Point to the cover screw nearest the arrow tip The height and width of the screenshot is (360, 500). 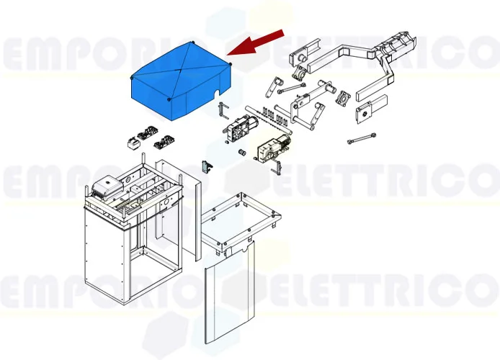(x=230, y=65)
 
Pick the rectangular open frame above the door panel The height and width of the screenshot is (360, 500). (x=240, y=220)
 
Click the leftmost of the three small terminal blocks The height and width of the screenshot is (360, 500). (x=135, y=141)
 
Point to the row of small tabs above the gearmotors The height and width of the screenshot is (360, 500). (x=274, y=112)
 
